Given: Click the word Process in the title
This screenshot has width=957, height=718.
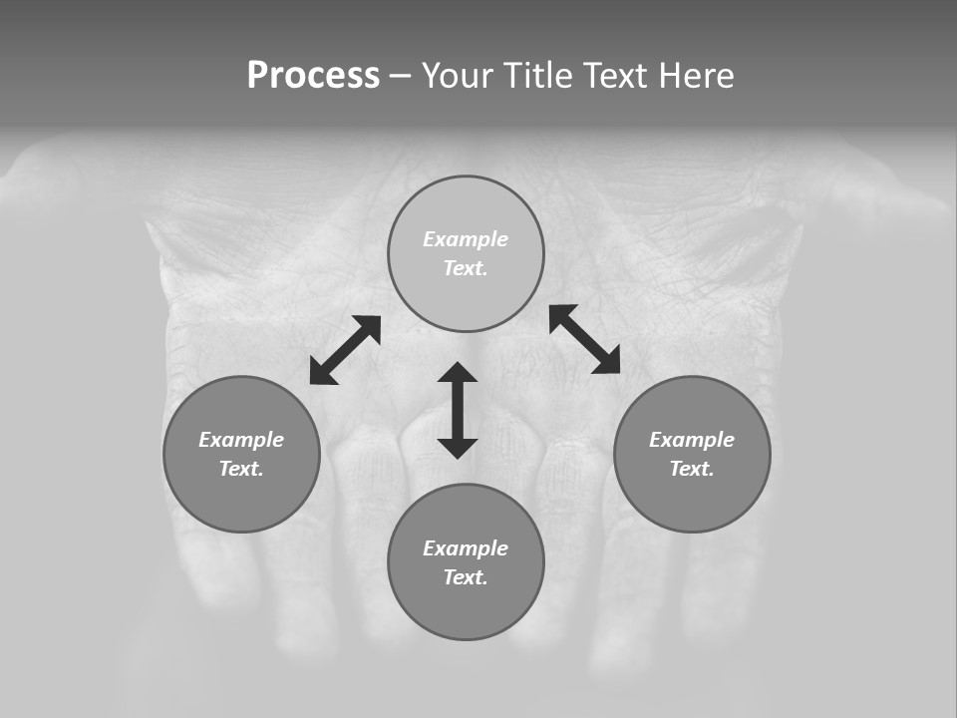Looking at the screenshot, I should click(x=313, y=76).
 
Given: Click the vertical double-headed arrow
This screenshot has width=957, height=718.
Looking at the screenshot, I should click(x=458, y=410).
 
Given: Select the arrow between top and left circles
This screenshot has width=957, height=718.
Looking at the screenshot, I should click(x=345, y=350).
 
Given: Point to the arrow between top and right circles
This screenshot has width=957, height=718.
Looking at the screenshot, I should click(x=585, y=339).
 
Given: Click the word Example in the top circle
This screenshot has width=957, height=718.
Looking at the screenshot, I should click(x=466, y=239).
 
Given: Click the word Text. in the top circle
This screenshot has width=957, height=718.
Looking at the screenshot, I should click(x=466, y=268).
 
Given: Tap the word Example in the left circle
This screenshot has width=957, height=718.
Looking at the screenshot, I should click(x=241, y=440).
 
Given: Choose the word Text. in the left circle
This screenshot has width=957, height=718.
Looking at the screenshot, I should click(x=241, y=469).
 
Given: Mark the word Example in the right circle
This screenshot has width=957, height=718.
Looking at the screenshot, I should click(x=692, y=440).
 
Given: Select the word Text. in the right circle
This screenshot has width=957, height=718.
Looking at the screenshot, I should click(x=692, y=469).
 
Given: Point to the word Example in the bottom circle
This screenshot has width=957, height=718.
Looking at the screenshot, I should click(x=466, y=548).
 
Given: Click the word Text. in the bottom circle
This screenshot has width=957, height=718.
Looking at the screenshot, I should click(x=466, y=577).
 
